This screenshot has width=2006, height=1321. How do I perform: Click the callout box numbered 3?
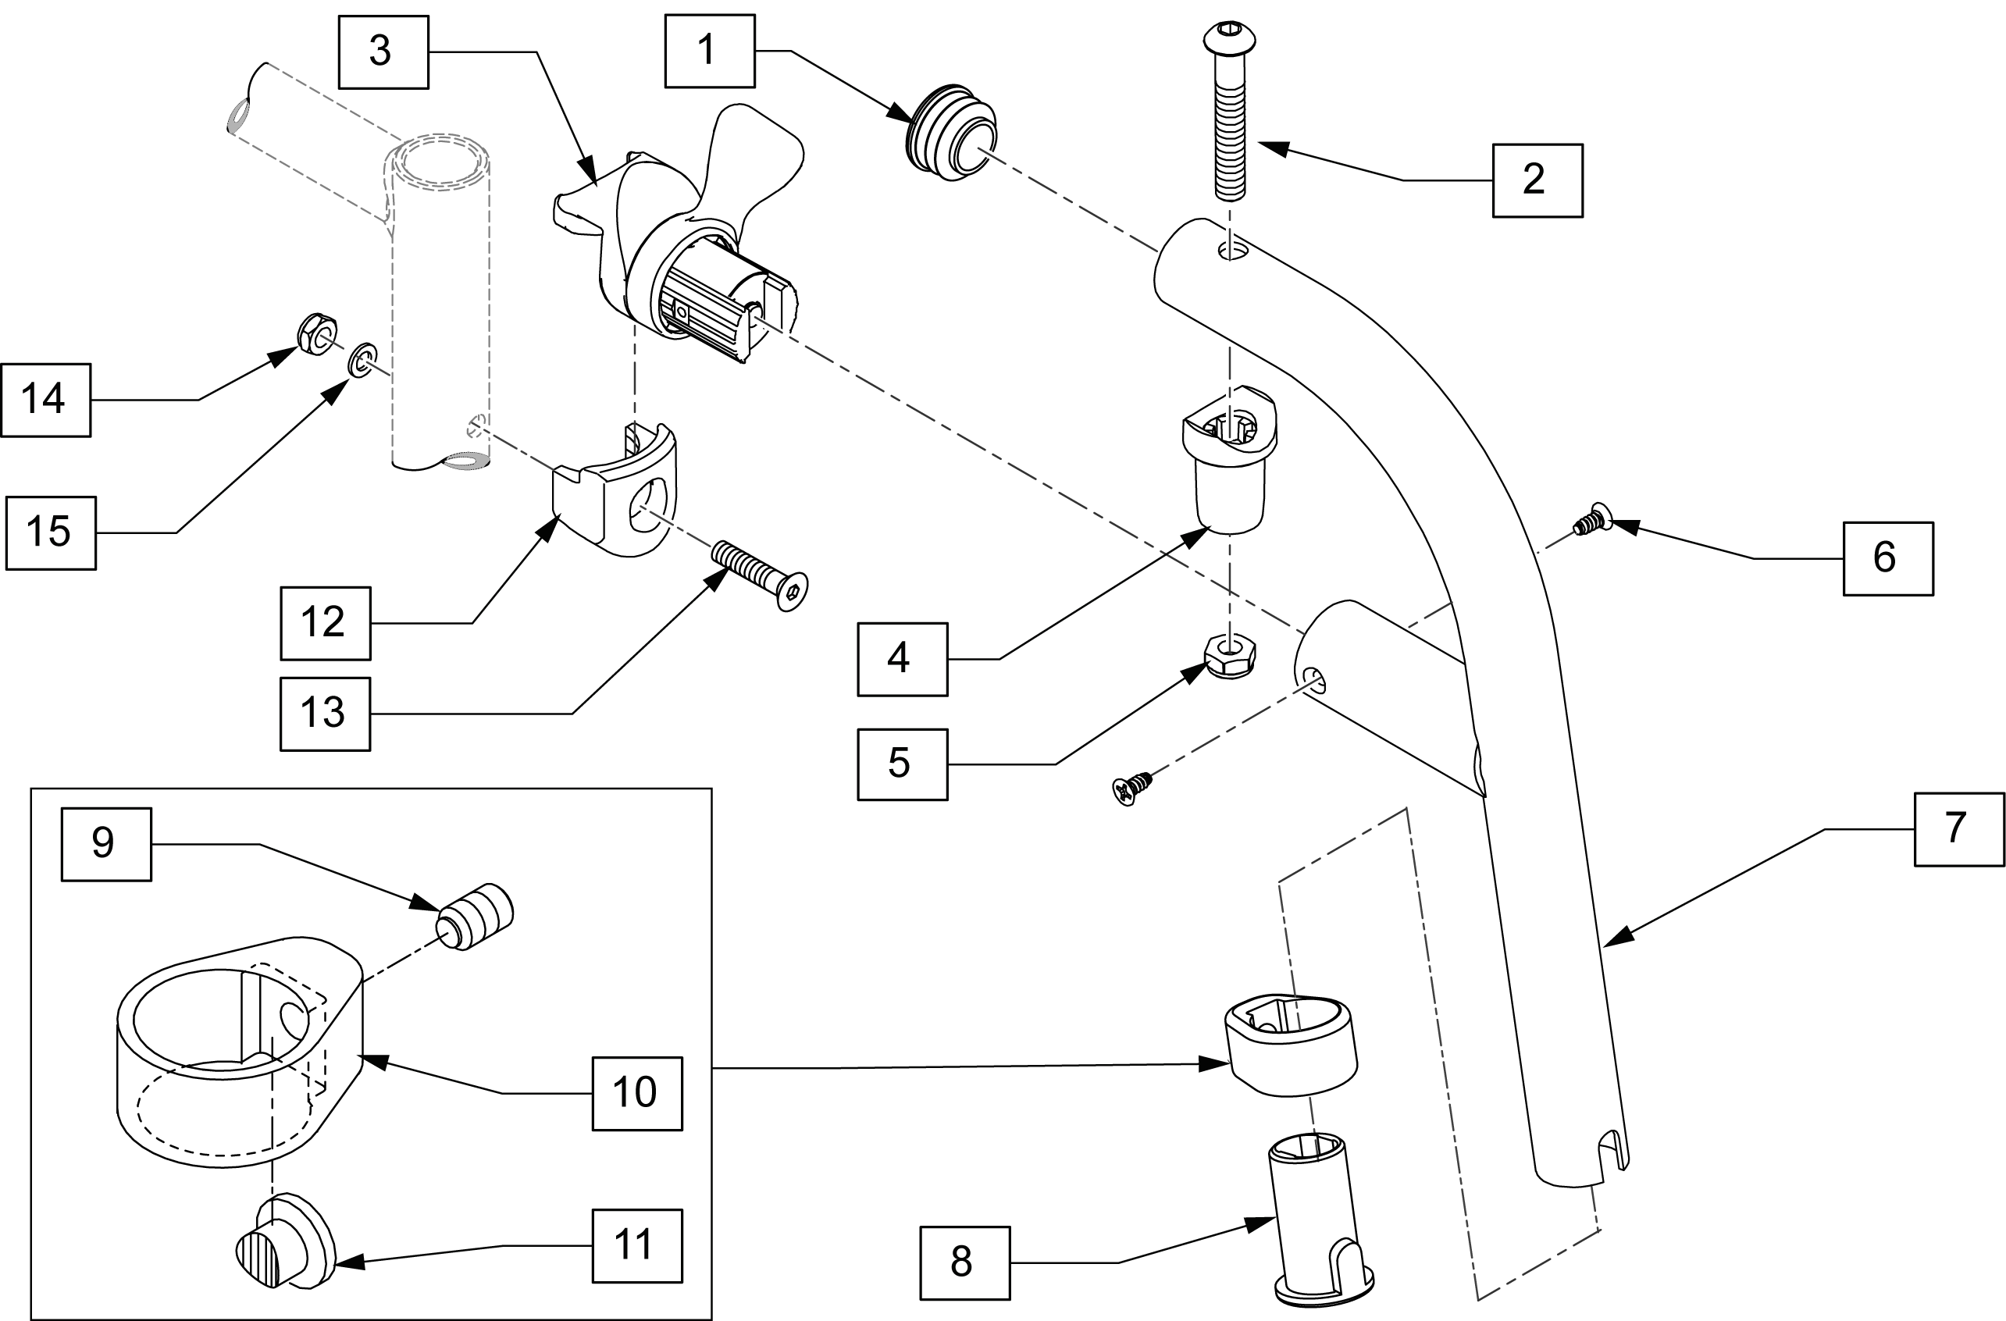383,52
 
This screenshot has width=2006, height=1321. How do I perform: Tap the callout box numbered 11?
637,1246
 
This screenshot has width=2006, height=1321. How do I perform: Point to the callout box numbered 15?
51,533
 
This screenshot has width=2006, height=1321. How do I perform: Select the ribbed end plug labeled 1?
953,131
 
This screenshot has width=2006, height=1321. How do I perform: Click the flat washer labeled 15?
363,361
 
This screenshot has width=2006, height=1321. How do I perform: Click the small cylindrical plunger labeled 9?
476,917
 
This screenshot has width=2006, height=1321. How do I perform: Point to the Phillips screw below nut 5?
1133,788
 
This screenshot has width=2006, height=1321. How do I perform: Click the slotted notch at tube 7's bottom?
1611,1151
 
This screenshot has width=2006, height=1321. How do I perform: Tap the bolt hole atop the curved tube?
1231,249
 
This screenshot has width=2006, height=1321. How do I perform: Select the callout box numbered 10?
637,1094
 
